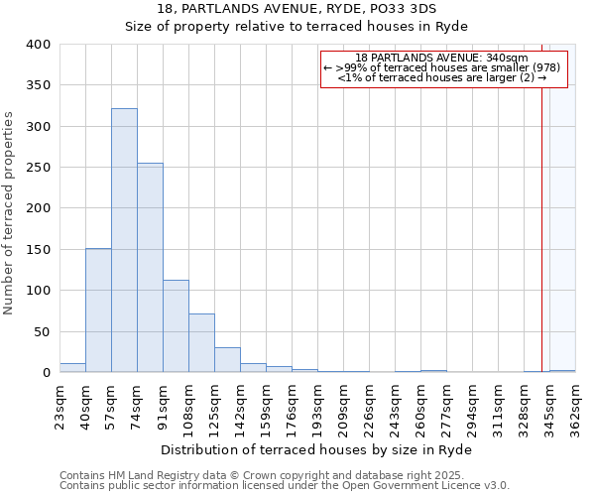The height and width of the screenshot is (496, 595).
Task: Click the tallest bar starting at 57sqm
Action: [124, 240]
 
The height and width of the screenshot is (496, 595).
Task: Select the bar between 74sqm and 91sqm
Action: [150, 268]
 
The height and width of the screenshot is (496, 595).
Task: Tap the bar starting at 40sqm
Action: [98, 310]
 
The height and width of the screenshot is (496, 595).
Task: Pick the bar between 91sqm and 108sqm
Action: [176, 326]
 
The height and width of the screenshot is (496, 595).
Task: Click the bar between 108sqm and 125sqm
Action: [201, 343]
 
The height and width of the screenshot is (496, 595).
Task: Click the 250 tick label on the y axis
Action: [36, 168]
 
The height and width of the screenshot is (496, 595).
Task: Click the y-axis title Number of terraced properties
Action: [9, 212]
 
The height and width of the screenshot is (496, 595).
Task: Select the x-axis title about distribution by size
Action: [316, 450]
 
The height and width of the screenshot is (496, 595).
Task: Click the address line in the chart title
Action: [296, 9]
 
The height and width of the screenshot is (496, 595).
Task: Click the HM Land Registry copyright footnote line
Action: [283, 475]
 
